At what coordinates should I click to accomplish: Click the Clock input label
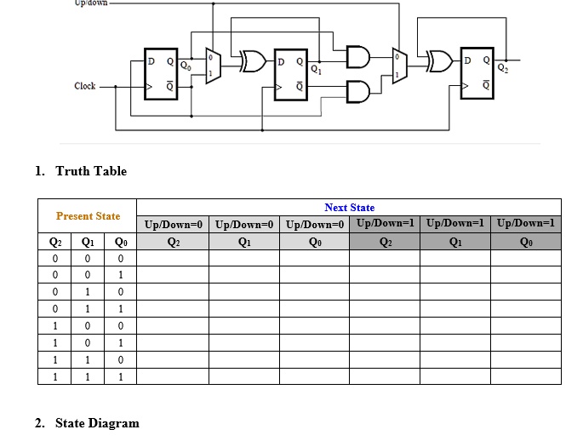point(85,86)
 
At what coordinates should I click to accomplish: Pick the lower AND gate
point(357,89)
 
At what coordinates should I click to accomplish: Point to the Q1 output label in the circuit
point(317,69)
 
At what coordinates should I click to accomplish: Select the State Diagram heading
point(97,423)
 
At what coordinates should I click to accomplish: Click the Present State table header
point(88,216)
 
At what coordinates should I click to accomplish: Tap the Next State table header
point(349,208)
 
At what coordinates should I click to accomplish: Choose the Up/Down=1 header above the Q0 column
point(525,224)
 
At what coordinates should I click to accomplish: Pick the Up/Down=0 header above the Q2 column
point(173,225)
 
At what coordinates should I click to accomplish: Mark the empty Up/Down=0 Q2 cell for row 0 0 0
point(173,258)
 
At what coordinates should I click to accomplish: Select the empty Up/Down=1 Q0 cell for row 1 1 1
point(525,375)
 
